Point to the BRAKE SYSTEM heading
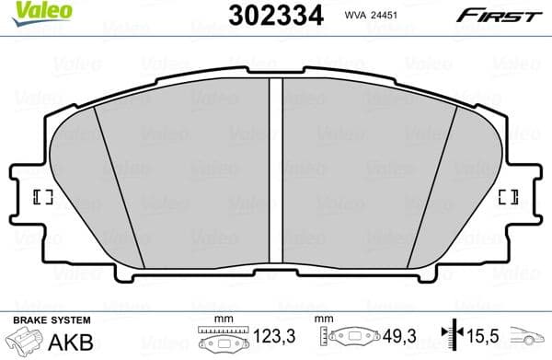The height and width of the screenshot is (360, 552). pyautogui.click(x=51, y=319)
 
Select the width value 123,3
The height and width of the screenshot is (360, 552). pyautogui.click(x=277, y=337)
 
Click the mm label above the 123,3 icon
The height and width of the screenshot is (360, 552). pyautogui.click(x=219, y=319)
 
